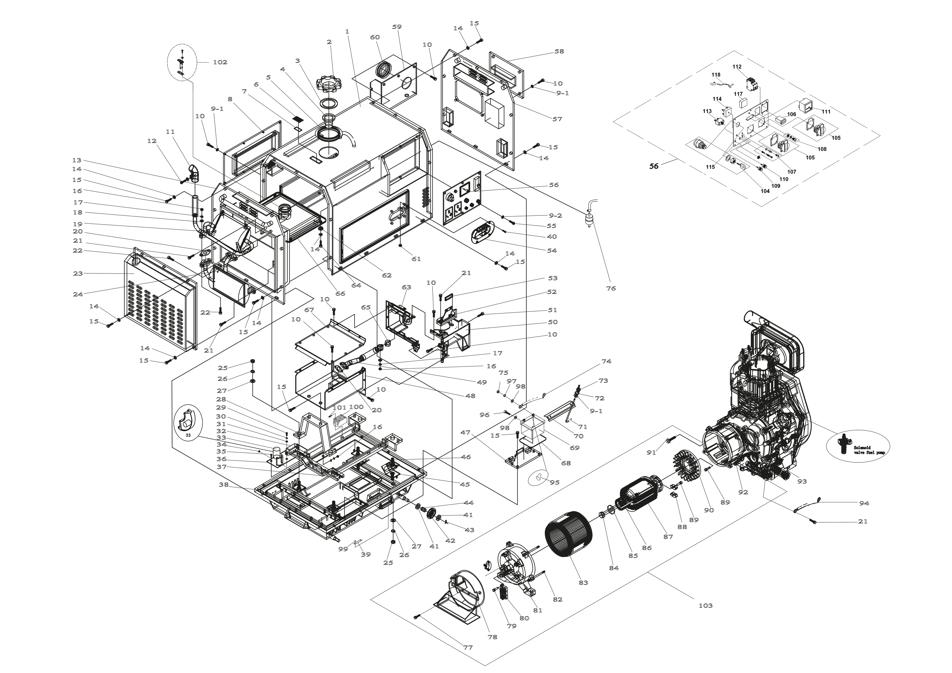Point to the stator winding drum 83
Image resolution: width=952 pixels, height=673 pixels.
click(568, 537)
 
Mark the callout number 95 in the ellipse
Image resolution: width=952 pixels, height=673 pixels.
click(554, 482)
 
